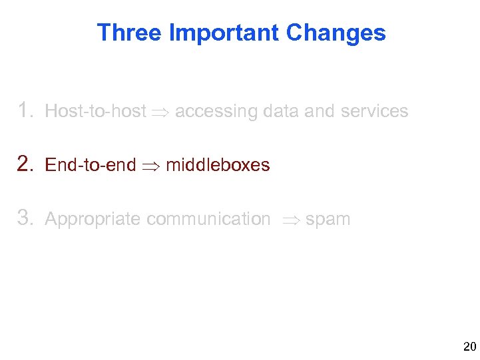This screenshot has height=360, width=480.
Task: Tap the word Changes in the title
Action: point(336,33)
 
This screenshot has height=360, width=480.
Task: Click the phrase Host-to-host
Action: point(95,111)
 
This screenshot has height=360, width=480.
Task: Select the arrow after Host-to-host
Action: point(160,112)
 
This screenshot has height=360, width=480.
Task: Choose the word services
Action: point(374,111)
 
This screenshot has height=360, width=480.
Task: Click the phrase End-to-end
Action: point(90,165)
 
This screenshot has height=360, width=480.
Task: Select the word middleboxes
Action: point(218,165)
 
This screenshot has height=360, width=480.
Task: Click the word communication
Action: point(208,219)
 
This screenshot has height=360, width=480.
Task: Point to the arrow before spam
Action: point(291,220)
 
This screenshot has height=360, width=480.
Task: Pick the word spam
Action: point(328,220)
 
